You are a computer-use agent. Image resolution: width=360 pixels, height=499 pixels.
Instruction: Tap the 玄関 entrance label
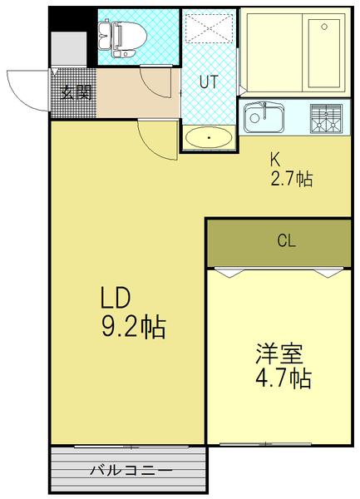pos(74,91)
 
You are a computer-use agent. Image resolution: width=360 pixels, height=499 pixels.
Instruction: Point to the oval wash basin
pos(208,137)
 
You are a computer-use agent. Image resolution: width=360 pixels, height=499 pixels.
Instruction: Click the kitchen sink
pos(265,117)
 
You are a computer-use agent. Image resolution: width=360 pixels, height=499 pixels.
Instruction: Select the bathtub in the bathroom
pos(295,53)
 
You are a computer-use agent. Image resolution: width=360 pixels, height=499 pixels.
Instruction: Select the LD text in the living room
pos(116,299)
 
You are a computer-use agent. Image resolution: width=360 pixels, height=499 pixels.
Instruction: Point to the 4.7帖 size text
pos(283,379)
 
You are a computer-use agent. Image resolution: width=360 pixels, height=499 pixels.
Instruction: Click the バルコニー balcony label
pos(131,472)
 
